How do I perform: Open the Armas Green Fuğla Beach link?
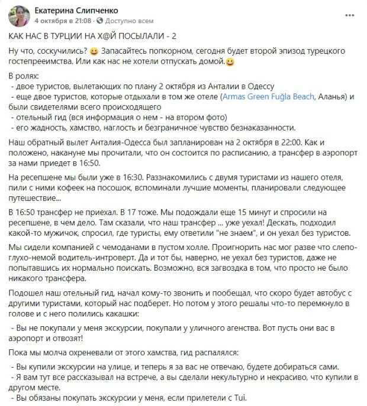pos(269,96)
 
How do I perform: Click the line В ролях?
pos(24,77)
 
